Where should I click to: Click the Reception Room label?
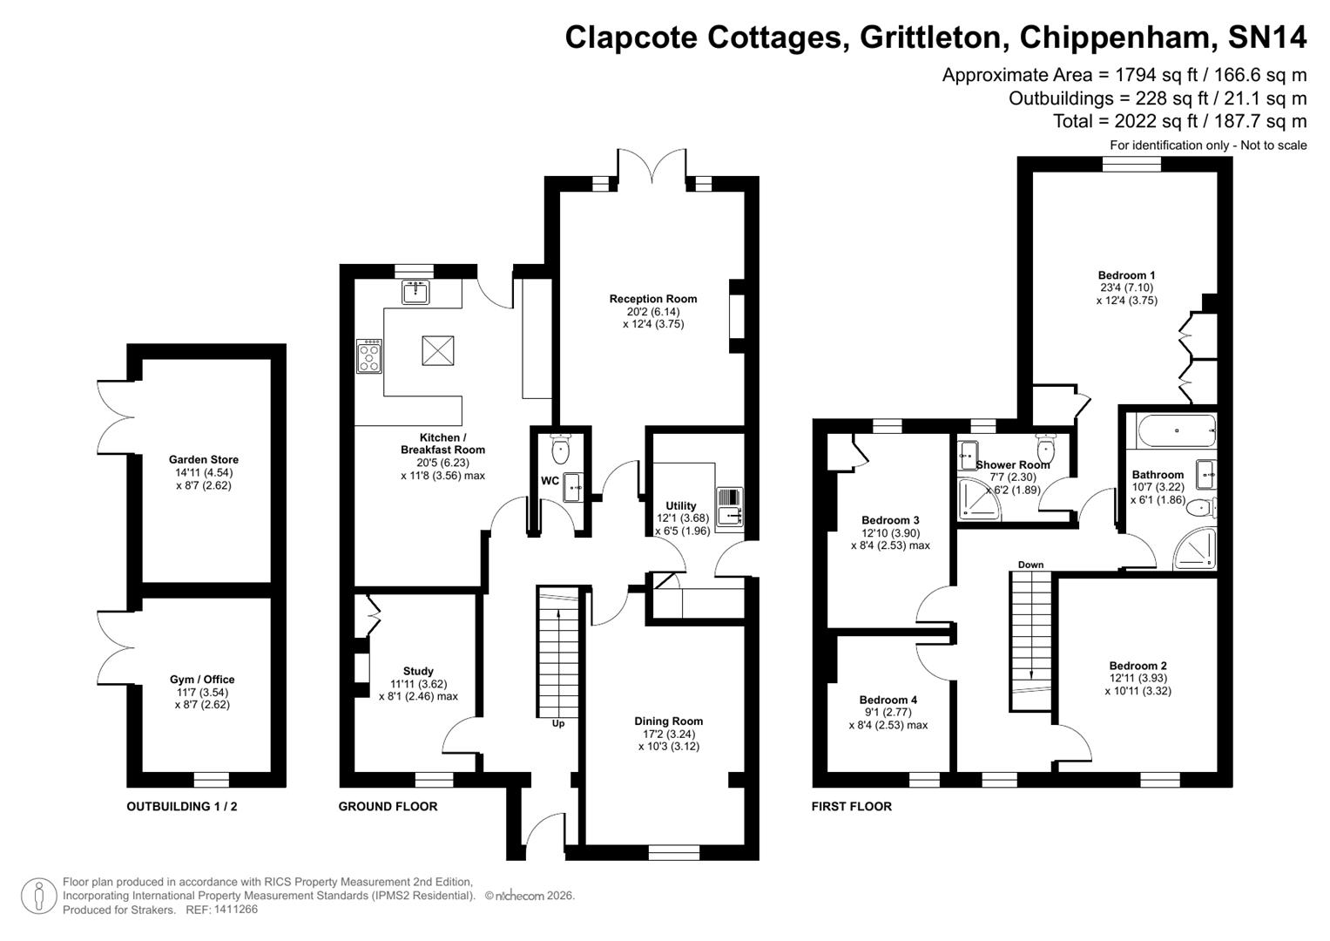pos(653,299)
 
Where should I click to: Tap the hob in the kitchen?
pos(369,356)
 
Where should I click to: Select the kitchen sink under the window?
pos(416,293)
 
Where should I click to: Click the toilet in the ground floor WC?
pos(560,450)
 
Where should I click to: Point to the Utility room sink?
pos(728,507)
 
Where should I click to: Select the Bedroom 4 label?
pos(888,700)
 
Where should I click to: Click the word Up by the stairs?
pos(558,723)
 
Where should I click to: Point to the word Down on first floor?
pos(1030,565)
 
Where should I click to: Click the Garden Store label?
pos(204,459)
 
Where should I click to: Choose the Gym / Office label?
pos(202,680)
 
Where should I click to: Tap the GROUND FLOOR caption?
pos(388,807)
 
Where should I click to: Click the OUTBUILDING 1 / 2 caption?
pos(182,807)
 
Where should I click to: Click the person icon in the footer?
pos(38,897)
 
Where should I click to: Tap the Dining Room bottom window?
pos(674,851)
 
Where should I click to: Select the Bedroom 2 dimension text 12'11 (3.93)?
pos(1138,678)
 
